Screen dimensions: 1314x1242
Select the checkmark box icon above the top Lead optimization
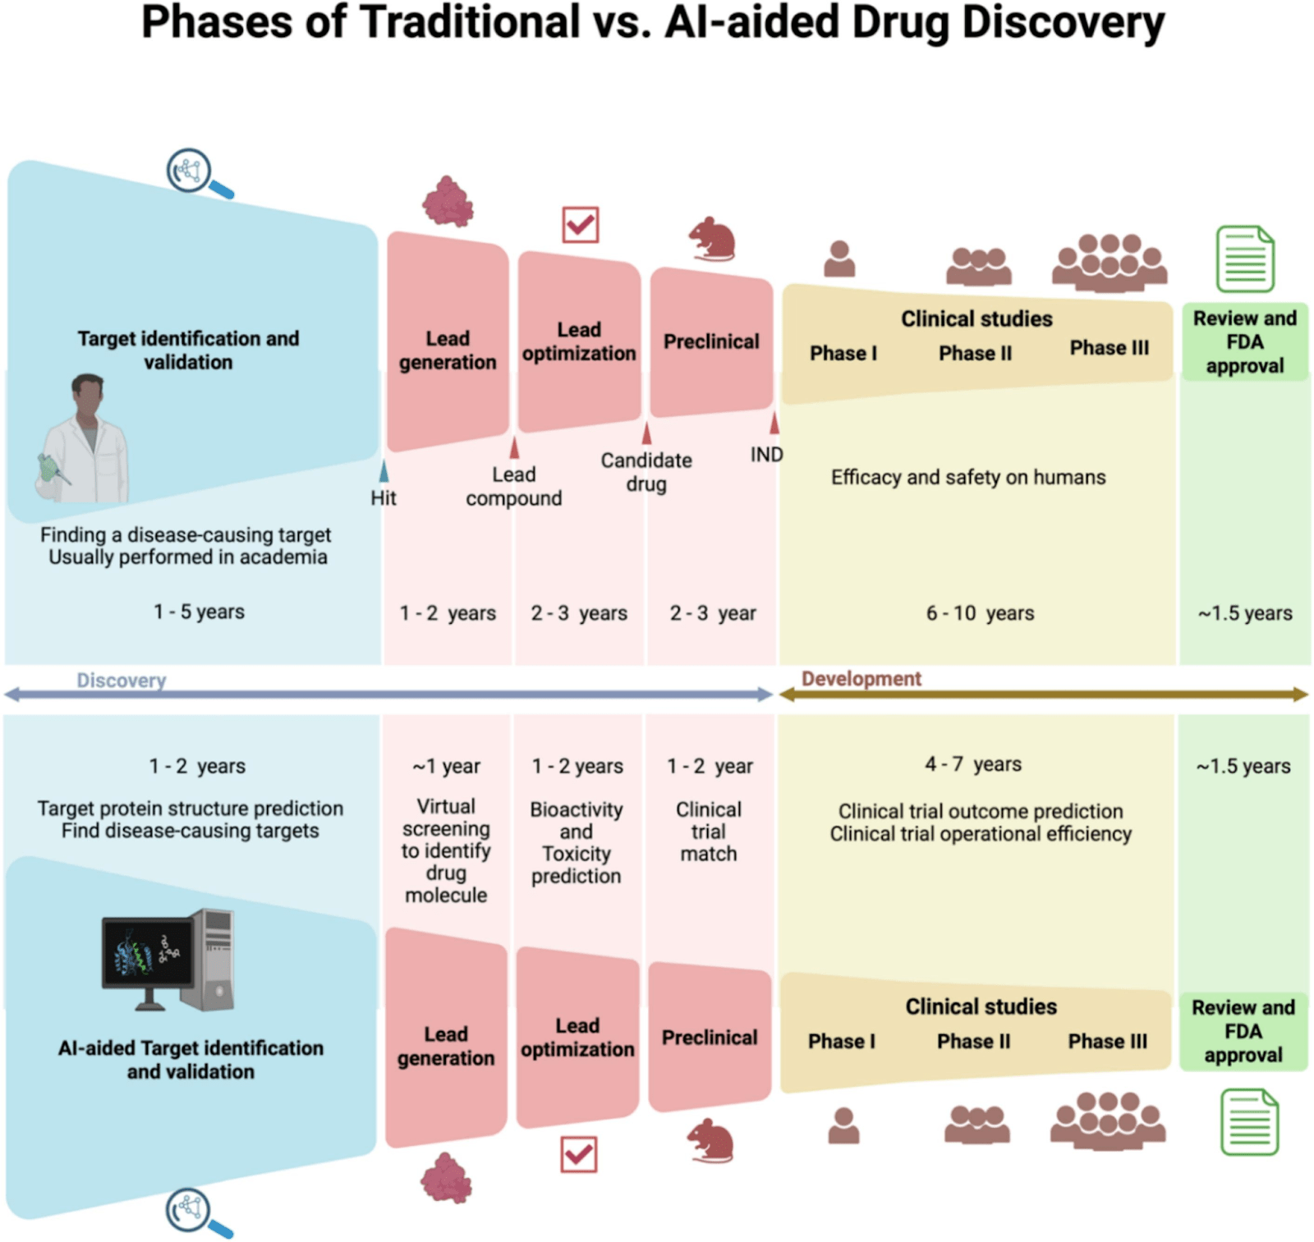581,224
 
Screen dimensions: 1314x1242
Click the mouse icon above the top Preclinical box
711,239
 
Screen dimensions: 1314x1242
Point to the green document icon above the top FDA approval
1245,259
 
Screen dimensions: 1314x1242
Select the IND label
766,454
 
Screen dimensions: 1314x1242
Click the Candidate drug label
646,472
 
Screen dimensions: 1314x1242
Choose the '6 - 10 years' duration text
980,613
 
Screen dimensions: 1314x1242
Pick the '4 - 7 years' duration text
973,764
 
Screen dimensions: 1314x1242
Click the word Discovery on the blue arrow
122,681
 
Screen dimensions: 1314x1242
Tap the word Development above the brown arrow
861,679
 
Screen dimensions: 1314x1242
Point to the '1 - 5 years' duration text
199,612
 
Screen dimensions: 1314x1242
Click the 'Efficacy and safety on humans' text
968,477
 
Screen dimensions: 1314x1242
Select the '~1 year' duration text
446,766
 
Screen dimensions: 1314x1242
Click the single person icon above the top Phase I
839,259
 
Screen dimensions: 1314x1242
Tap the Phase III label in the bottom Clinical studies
1107,1041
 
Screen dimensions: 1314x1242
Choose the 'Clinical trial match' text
709,832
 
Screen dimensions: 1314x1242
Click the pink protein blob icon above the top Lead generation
448,201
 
